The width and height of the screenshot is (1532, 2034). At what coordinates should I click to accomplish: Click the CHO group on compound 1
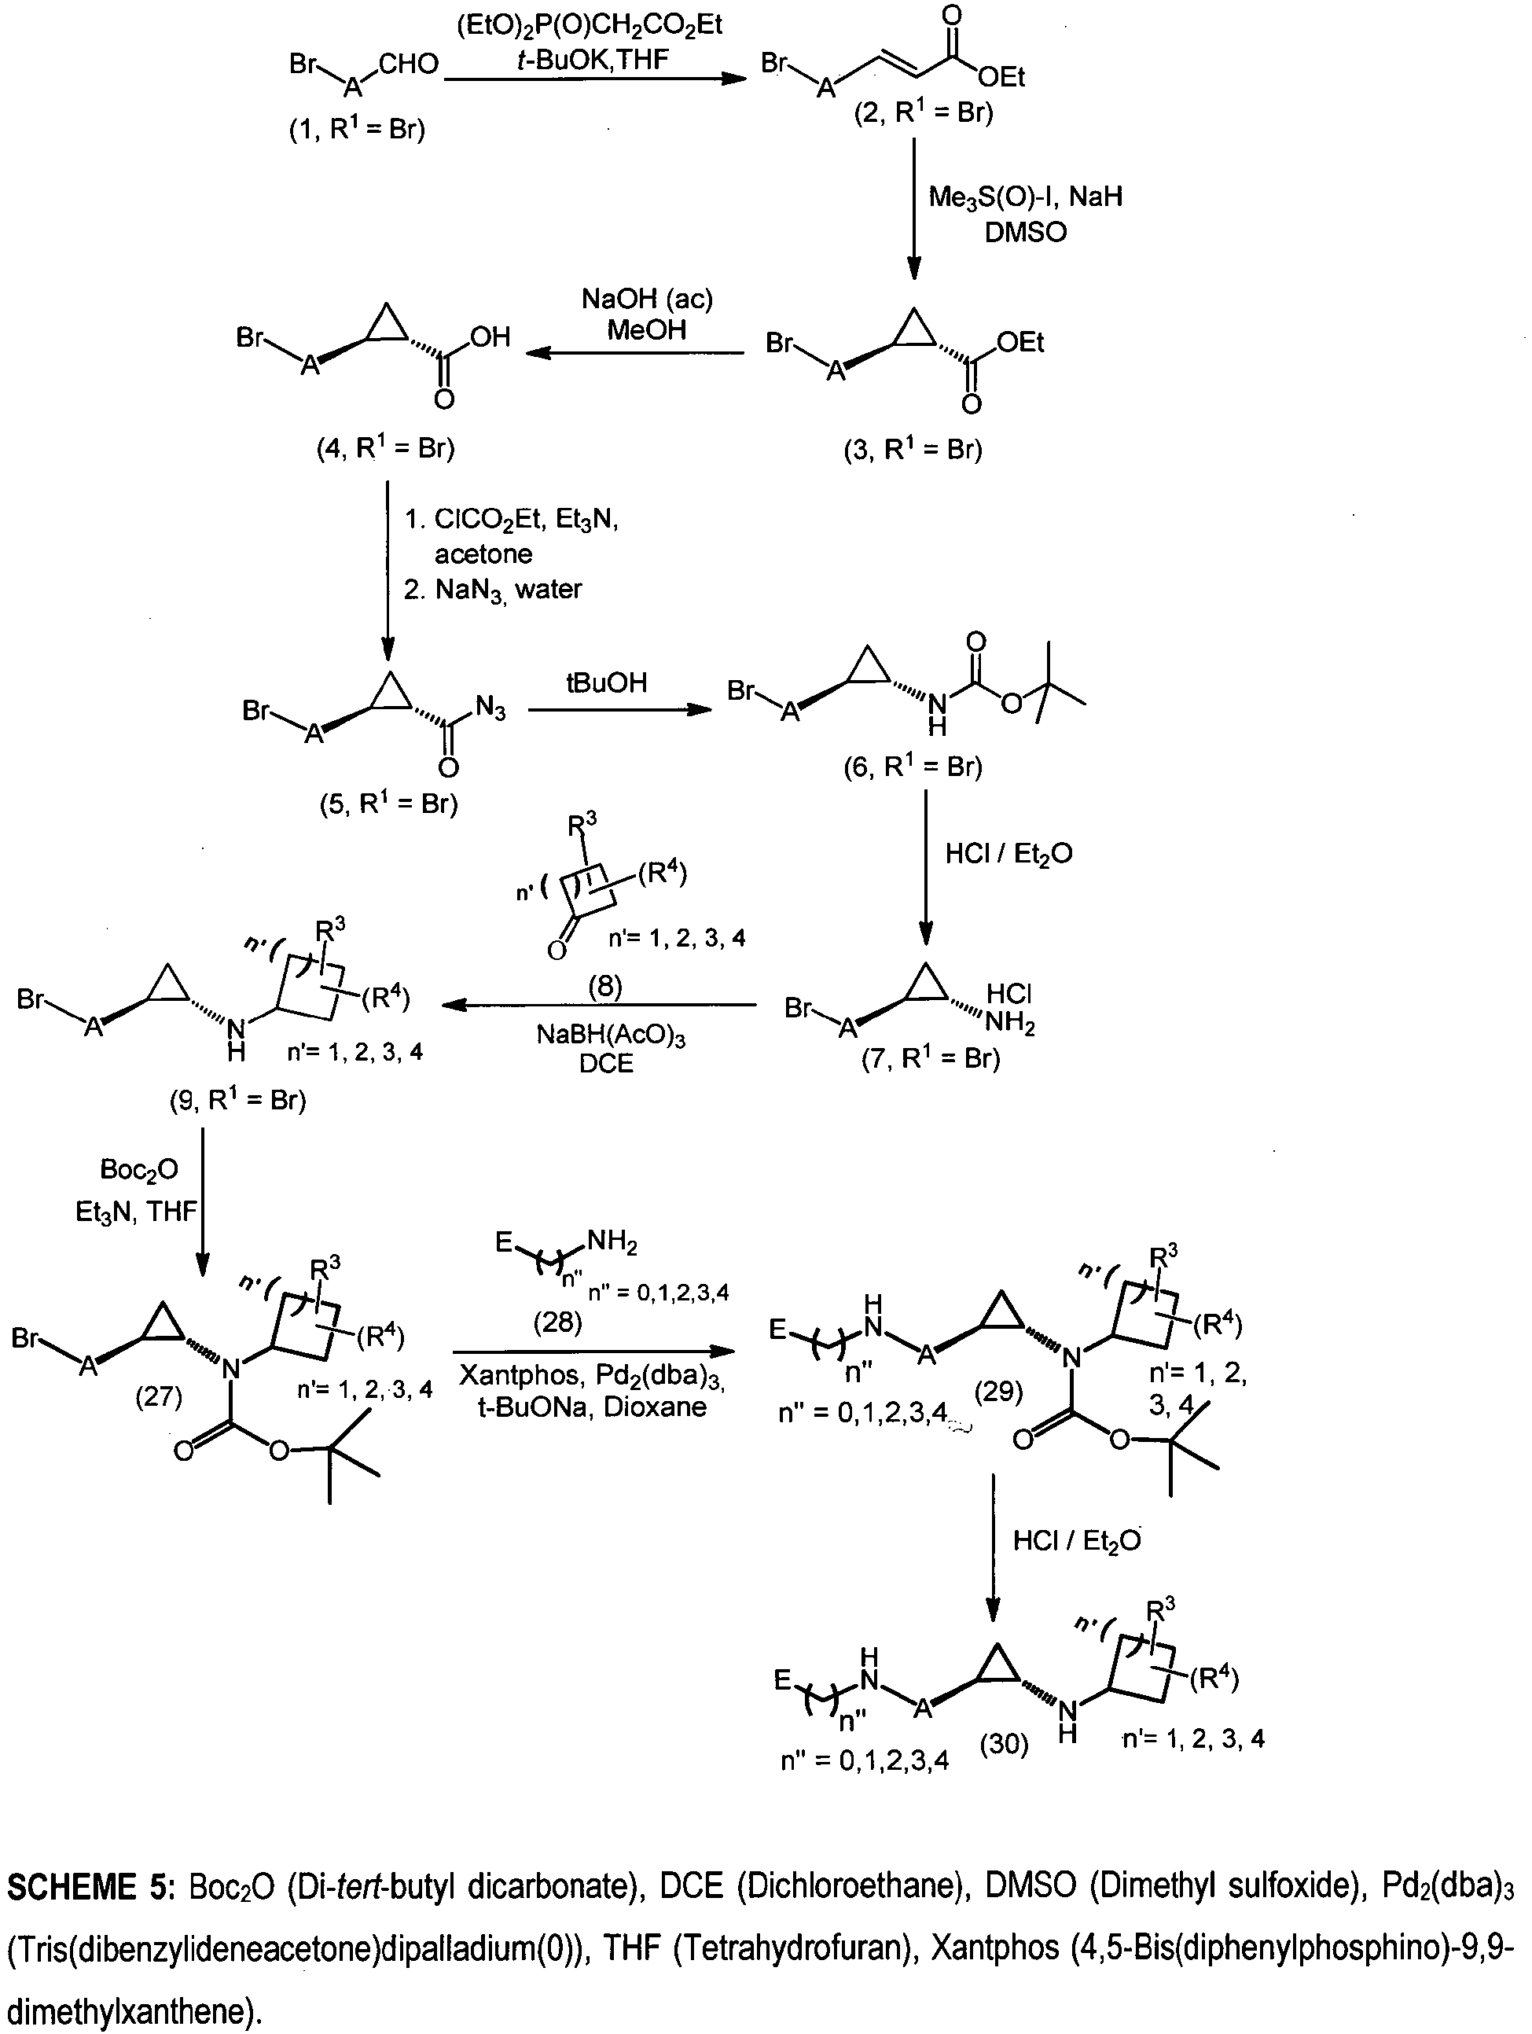pyautogui.click(x=408, y=64)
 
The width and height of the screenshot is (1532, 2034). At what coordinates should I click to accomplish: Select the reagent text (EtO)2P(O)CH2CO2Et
pyautogui.click(x=590, y=25)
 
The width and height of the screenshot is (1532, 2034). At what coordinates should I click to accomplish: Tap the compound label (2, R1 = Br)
pyautogui.click(x=924, y=112)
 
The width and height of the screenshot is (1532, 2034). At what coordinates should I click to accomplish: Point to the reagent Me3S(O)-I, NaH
pyautogui.click(x=1025, y=196)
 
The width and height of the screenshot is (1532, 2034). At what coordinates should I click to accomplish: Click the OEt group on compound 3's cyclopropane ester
pyautogui.click(x=1021, y=343)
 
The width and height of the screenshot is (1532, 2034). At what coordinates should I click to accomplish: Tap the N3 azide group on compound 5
pyautogui.click(x=490, y=708)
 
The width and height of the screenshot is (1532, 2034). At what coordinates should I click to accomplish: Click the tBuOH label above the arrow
pyautogui.click(x=606, y=682)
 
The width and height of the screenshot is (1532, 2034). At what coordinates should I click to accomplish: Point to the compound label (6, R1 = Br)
pyautogui.click(x=913, y=766)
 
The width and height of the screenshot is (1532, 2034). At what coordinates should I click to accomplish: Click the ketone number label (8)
pyautogui.click(x=605, y=987)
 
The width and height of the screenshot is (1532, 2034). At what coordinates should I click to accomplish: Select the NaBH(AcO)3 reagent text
pyautogui.click(x=612, y=1035)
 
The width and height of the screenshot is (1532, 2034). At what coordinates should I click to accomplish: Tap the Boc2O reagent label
pyautogui.click(x=139, y=1170)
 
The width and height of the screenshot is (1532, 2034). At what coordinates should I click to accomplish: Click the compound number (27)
pyautogui.click(x=159, y=1397)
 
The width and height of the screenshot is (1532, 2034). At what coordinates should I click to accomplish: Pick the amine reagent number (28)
pyautogui.click(x=557, y=1322)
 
